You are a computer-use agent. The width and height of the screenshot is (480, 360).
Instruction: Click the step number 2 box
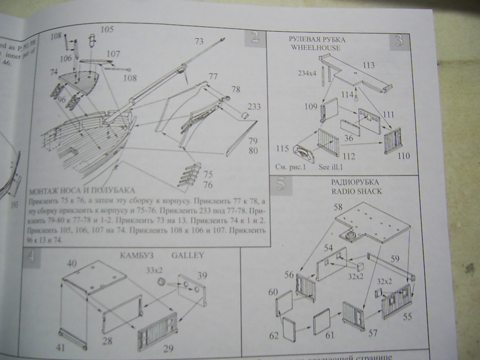255,37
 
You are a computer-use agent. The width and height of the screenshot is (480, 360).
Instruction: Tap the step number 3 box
399,41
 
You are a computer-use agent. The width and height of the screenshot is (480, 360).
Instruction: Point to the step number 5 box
281,185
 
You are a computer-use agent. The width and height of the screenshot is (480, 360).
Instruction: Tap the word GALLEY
187,255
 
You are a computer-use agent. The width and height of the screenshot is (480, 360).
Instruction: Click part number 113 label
368,65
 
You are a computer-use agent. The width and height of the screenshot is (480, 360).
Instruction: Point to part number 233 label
254,106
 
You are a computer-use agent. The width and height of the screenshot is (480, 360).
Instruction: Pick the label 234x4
307,73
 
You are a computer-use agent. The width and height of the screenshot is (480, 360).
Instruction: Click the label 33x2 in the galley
154,270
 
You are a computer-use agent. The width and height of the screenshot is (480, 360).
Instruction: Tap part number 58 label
338,207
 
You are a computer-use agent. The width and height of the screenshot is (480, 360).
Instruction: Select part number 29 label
168,348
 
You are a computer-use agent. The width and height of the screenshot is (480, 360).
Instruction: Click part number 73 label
199,41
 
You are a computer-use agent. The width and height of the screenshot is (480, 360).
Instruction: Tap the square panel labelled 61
322,321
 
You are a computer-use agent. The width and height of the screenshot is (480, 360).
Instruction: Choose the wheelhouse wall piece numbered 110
393,140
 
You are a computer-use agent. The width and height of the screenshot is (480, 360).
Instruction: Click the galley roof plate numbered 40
94,277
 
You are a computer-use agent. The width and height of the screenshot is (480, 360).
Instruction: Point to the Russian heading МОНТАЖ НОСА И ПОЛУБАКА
82,190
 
